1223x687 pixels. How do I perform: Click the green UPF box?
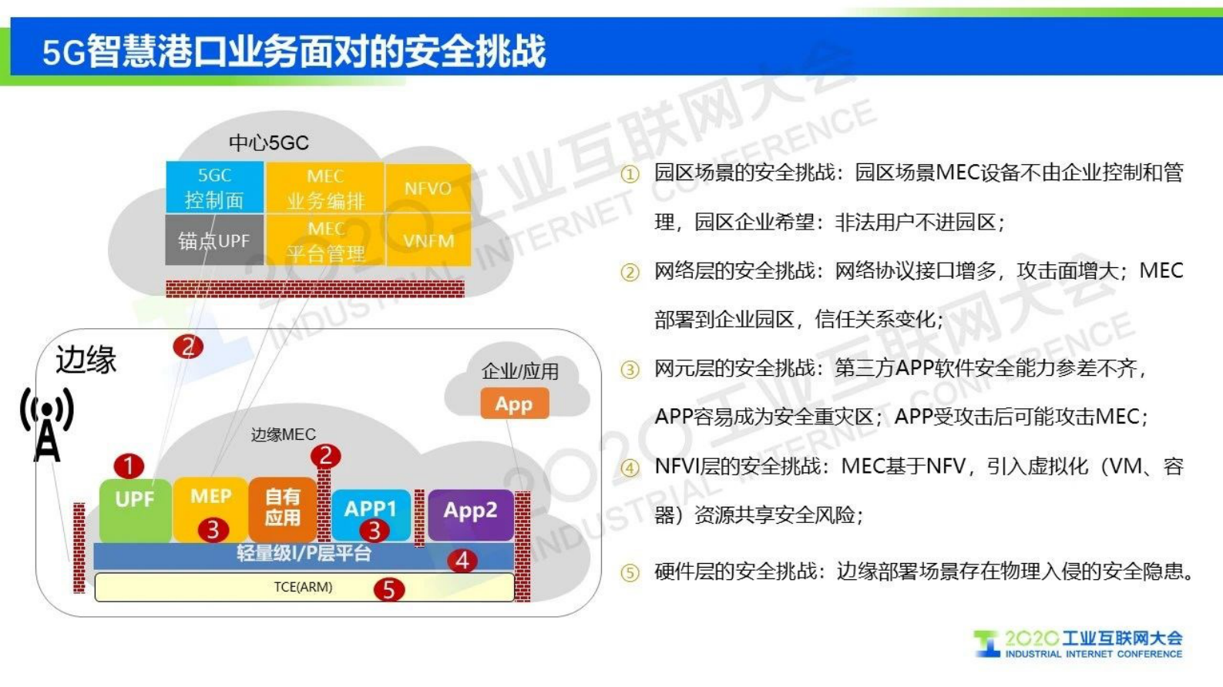pyautogui.click(x=135, y=508)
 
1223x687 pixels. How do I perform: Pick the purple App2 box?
pyautogui.click(x=470, y=512)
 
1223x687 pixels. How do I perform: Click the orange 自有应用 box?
pyautogui.click(x=282, y=508)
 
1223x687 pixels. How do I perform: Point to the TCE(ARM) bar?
pyautogui.click(x=304, y=587)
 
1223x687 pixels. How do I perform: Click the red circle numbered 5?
pyautogui.click(x=388, y=590)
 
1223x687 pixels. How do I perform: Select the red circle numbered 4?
pyautogui.click(x=462, y=560)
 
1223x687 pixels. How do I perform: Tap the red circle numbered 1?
pyautogui.click(x=129, y=465)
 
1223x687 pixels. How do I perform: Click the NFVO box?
pyautogui.click(x=428, y=189)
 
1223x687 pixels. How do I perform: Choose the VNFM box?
pyautogui.click(x=428, y=241)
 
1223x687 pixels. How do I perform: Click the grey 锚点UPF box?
pyautogui.click(x=213, y=241)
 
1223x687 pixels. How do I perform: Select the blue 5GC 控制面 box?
pyautogui.click(x=213, y=187)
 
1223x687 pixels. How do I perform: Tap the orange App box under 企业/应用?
pyautogui.click(x=514, y=404)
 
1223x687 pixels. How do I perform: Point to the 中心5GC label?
pyautogui.click(x=268, y=143)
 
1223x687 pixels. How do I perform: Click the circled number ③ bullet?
pyautogui.click(x=630, y=370)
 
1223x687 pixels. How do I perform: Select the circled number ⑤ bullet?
pyautogui.click(x=630, y=573)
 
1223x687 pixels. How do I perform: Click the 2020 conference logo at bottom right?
pyautogui.click(x=1078, y=644)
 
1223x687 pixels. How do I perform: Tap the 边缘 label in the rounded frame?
pyautogui.click(x=86, y=360)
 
